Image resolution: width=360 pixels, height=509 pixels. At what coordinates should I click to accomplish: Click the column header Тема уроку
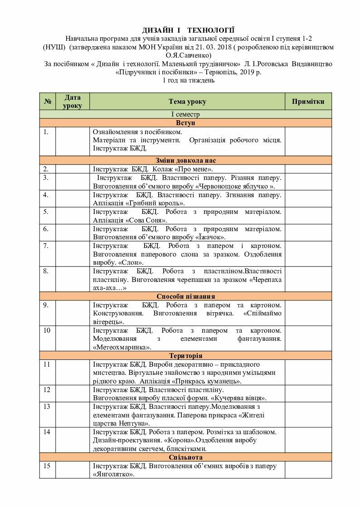187,102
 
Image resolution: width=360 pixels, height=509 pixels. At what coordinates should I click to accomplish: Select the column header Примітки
308,102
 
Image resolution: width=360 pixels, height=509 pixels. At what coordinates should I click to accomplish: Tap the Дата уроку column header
73,102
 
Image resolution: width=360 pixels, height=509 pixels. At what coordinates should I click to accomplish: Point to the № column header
47,102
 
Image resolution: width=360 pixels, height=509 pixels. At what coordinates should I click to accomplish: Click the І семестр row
185,115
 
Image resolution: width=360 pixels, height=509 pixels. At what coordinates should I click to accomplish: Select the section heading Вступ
185,123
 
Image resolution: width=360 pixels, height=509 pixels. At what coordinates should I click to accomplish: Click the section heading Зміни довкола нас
185,160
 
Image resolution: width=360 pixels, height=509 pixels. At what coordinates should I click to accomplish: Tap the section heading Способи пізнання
185,296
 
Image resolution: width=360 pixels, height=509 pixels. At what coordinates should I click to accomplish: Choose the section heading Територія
185,355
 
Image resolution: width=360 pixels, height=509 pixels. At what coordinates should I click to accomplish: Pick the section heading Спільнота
185,457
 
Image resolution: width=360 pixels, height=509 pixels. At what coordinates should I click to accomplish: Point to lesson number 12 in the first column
47,390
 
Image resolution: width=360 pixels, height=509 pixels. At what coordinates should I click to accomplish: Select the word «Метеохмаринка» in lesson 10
122,347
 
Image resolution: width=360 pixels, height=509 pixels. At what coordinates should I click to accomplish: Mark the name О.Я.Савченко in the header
185,55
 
